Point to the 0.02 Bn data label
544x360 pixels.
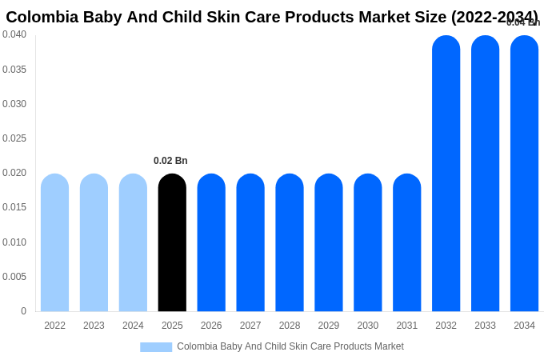point(170,161)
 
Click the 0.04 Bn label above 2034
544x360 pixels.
point(523,22)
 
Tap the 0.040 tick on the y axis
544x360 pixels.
point(14,34)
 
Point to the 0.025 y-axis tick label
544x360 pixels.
point(14,138)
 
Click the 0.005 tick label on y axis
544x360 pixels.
point(14,277)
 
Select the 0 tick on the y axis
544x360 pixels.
point(23,311)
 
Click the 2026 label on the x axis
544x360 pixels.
point(211,326)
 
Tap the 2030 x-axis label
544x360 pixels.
point(368,326)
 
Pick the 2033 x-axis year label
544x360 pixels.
point(485,326)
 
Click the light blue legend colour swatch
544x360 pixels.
point(156,346)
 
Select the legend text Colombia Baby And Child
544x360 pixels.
point(232,346)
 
